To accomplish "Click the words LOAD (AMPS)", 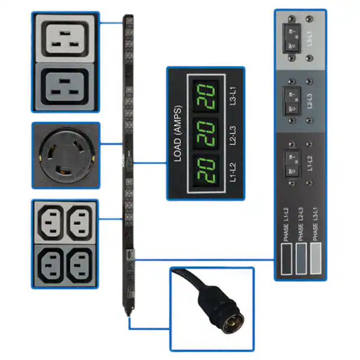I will [178, 133].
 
